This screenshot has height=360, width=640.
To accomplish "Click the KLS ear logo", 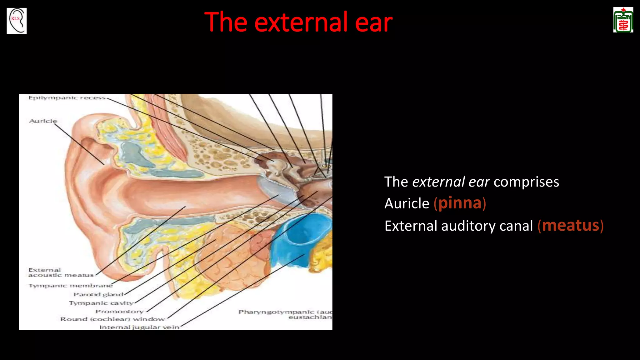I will (17, 21).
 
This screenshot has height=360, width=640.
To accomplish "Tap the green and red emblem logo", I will (623, 20).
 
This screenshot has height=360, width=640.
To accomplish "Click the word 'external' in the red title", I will (302, 22).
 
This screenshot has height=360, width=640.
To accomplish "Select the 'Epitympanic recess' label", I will (67, 98).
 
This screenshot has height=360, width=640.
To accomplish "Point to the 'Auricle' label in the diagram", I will (43, 121).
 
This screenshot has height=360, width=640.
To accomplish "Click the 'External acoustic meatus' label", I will (61, 272).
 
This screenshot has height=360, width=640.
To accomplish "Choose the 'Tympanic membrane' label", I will (70, 286).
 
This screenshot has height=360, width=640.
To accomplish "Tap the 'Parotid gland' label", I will (98, 294).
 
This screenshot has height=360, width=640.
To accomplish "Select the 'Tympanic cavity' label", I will (101, 303).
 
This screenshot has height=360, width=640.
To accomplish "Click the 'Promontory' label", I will (119, 312).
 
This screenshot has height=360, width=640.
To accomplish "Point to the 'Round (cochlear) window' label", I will (112, 319).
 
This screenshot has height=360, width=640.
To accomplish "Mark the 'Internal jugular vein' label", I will (139, 327).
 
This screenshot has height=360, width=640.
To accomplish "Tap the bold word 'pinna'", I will (460, 203).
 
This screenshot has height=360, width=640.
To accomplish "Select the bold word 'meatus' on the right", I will (570, 226).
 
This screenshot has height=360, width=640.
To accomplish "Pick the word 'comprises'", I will (526, 182).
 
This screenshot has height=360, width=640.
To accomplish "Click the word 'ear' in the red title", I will (374, 22).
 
